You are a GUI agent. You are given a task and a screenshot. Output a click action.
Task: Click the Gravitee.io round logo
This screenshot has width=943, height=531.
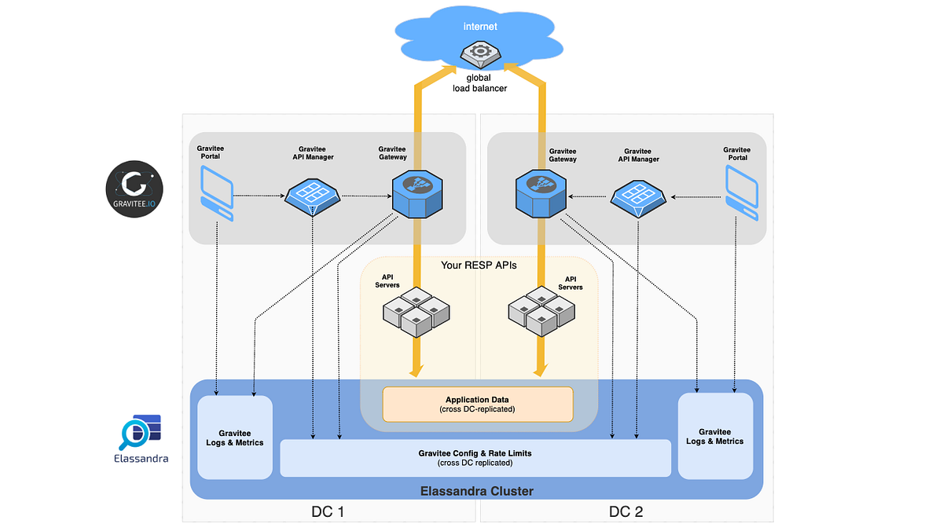pyautogui.click(x=134, y=189)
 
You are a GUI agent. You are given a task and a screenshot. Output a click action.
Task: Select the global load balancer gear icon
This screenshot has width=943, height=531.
pyautogui.click(x=480, y=55)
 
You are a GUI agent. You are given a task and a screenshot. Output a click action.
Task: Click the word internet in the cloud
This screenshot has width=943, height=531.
pyautogui.click(x=480, y=27)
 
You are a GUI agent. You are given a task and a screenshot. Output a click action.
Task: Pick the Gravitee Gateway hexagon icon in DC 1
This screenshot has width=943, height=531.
pyautogui.click(x=417, y=193)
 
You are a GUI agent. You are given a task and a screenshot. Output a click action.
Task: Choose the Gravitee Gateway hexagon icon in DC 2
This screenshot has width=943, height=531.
pyautogui.click(x=541, y=193)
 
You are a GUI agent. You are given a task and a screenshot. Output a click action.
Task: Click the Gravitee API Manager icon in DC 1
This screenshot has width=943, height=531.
pyautogui.click(x=313, y=197)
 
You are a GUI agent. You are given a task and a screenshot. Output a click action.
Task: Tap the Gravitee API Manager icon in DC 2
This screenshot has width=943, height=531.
pyautogui.click(x=638, y=199)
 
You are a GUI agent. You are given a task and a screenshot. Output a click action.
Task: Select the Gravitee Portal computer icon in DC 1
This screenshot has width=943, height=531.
pyautogui.click(x=217, y=193)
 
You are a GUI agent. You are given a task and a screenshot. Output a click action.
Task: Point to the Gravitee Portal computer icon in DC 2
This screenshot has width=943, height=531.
pyautogui.click(x=742, y=192)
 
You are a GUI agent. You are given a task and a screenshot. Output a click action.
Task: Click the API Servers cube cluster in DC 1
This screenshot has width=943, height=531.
pyautogui.click(x=416, y=312)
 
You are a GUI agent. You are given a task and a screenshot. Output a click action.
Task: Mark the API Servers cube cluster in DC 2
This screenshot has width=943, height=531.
pyautogui.click(x=541, y=311)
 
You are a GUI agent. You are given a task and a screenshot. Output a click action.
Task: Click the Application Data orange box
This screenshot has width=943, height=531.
pyautogui.click(x=478, y=405)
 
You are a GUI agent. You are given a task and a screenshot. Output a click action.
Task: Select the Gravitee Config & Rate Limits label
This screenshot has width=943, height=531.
pyautogui.click(x=475, y=453)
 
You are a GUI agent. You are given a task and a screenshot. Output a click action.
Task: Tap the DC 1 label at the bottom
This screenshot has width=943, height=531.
pyautogui.click(x=328, y=511)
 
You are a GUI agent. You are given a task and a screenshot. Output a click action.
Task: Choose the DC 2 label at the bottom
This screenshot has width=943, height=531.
pyautogui.click(x=626, y=511)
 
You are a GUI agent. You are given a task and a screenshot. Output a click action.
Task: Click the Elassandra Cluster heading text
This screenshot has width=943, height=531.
pyautogui.click(x=477, y=491)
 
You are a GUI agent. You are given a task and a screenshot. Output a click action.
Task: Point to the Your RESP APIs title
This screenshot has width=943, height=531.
pyautogui.click(x=479, y=265)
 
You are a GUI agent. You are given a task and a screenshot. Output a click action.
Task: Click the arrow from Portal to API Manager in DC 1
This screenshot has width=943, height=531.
pyautogui.click(x=259, y=196)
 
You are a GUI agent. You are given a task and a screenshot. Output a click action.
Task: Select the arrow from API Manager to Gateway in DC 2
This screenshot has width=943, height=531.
pyautogui.click(x=587, y=196)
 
